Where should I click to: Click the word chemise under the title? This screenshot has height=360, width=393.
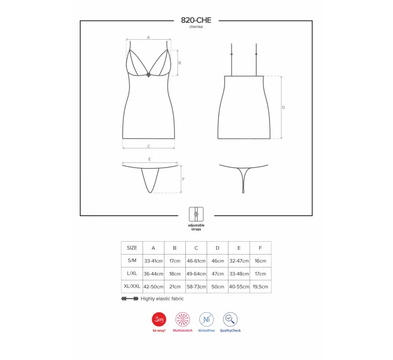point(196,27)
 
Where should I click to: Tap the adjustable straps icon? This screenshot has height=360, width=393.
point(196,214)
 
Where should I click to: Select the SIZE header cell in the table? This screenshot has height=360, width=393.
point(132,247)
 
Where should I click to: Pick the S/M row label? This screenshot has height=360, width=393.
point(132,261)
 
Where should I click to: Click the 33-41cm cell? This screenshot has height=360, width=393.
point(153,261)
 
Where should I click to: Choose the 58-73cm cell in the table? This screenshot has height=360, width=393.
point(196,287)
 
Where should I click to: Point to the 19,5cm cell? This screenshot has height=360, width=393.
point(261,287)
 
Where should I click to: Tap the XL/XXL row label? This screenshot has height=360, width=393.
point(132,287)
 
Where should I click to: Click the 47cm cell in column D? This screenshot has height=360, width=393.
point(217,274)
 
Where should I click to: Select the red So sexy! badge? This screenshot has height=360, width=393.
point(159,320)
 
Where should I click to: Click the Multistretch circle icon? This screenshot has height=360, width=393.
point(184,320)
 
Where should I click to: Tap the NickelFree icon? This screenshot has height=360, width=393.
point(207,320)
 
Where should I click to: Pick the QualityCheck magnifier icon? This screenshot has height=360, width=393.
point(230,320)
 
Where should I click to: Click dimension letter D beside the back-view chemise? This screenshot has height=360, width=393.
point(284,107)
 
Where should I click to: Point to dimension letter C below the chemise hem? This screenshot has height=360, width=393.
point(148,146)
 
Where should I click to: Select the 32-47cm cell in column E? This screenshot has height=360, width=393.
point(239,261)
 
